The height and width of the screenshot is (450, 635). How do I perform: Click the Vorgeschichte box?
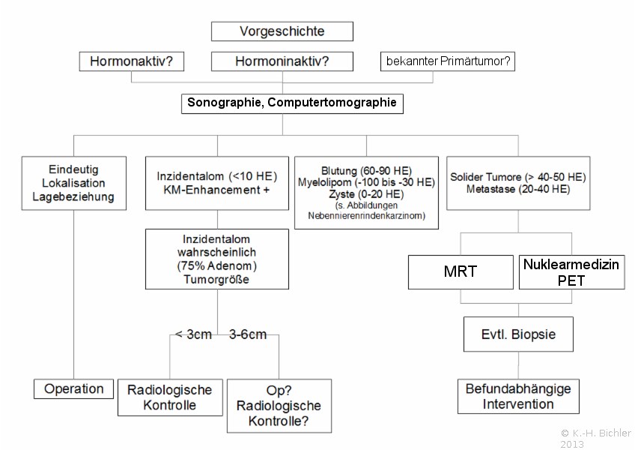coord(282,31)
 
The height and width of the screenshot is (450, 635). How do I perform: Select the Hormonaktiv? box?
coord(131,61)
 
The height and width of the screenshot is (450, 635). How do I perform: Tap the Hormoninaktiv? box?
coord(282,61)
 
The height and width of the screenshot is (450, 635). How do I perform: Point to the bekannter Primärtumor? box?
coord(448,61)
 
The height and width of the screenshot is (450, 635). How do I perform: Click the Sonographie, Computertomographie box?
coord(292,103)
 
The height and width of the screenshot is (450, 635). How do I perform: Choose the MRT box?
coord(461,271)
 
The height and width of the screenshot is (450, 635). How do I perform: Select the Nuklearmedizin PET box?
coord(571,271)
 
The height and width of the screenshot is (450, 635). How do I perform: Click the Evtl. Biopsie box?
coord(518,334)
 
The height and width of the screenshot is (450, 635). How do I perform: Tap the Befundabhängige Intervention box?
coord(518,397)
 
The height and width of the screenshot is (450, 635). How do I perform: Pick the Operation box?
coord(73,388)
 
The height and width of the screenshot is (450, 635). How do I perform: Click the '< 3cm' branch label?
coord(193,334)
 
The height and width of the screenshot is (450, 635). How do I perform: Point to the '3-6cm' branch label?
coord(248,334)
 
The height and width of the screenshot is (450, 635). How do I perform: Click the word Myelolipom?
coord(324,182)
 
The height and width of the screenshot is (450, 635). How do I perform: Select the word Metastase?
coord(490,189)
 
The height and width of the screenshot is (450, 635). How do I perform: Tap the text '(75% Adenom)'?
coord(216,265)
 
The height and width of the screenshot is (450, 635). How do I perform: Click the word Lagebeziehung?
coord(73,196)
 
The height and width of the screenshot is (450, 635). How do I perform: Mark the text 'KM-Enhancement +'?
coord(216,190)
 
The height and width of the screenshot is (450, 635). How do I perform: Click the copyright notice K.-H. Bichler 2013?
coord(596,439)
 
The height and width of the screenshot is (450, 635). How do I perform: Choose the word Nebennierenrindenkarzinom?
coord(366,215)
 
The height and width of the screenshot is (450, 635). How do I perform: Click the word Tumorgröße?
coord(216,280)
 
